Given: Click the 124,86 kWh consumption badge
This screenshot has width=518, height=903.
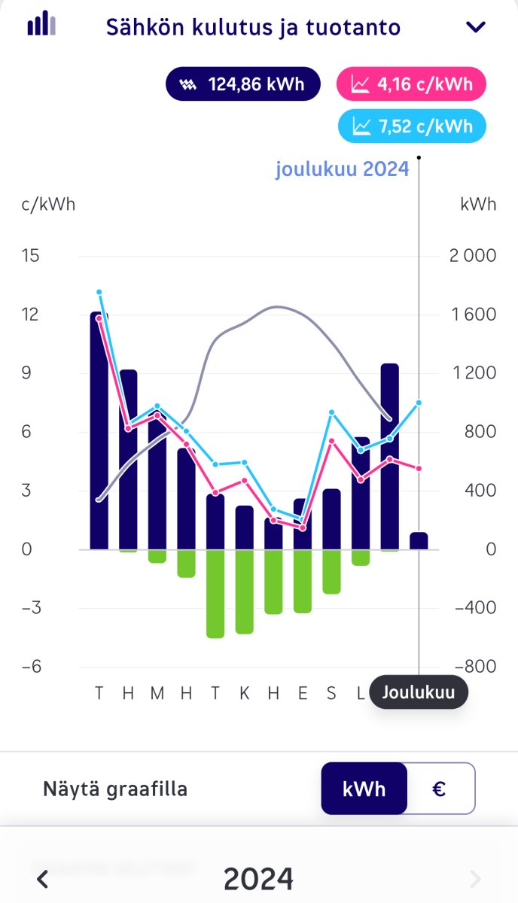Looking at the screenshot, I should coord(243,84).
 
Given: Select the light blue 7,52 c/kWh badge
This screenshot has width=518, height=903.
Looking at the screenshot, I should coord(412,126).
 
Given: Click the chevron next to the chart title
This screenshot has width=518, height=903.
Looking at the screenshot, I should coord(476,28).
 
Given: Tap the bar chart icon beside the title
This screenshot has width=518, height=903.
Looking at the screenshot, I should coord(41,24).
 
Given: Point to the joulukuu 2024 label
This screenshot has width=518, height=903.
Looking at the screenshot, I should coord(342,169).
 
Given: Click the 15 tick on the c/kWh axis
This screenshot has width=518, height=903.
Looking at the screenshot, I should coord(31,255).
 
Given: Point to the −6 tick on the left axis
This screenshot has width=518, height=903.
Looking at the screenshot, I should coord(31,667).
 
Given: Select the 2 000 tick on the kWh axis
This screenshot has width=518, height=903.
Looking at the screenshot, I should coord(472,255).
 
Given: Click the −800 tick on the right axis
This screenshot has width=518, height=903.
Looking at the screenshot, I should coord(472,667).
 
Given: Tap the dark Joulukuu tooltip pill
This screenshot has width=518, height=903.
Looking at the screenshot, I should coord(419,692).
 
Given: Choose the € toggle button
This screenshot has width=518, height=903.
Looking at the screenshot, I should coord(440,789).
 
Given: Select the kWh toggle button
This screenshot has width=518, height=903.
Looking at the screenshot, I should coord(364,789).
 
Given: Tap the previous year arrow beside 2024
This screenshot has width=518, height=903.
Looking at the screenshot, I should coord(43,878).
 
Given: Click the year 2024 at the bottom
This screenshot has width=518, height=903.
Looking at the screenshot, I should coord(258,878).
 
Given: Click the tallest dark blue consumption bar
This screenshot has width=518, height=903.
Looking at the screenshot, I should coord(99,430).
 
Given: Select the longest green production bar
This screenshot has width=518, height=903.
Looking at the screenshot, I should coord(215,594).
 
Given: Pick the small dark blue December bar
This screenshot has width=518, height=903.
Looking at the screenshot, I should coord(419,541).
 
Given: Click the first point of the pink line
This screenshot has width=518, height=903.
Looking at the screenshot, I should coord(99,318).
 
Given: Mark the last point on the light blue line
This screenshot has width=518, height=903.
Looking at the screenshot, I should coord(419,403).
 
